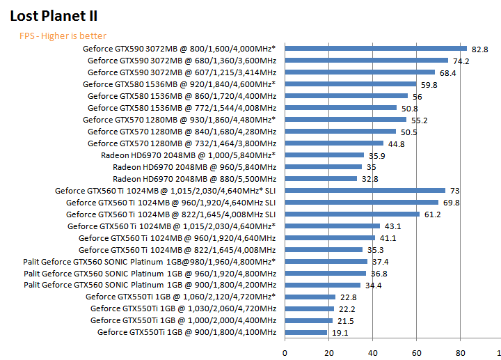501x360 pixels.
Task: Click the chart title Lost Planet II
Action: [x=53, y=15]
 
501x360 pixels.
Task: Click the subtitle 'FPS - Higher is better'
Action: [x=63, y=36]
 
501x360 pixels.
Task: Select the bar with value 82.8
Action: [x=376, y=48]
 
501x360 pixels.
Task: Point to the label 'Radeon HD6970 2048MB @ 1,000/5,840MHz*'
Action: [x=188, y=155]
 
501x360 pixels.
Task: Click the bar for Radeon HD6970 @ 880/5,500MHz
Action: [x=320, y=178]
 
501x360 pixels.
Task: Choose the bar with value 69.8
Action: [x=361, y=202]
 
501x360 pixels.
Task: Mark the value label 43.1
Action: [x=392, y=226]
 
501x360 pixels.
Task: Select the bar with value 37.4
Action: [x=326, y=261]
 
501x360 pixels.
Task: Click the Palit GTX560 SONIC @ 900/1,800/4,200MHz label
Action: [x=150, y=285]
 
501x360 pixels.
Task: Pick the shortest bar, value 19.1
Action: [x=305, y=332]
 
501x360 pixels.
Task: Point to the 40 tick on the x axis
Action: [x=372, y=351]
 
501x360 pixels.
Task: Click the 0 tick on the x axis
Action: [x=284, y=351]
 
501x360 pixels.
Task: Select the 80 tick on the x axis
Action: [x=461, y=351]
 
